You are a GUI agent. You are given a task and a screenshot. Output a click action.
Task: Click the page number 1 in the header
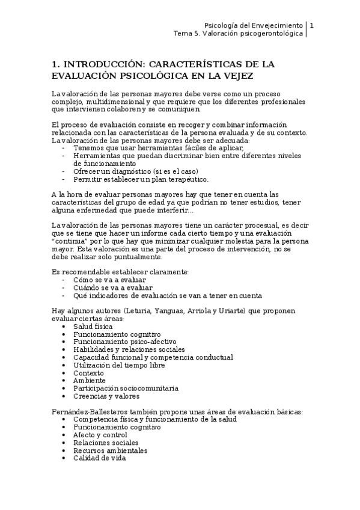(x=311, y=25)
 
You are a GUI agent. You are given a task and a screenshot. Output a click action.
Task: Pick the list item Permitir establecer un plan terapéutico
(x=141, y=179)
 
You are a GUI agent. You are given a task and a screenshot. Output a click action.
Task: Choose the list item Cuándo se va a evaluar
(x=112, y=287)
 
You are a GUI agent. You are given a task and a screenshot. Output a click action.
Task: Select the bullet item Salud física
(x=93, y=325)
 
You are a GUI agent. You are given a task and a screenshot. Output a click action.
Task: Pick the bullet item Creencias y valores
(x=106, y=396)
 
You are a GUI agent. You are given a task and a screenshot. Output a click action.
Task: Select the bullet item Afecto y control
(x=100, y=434)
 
